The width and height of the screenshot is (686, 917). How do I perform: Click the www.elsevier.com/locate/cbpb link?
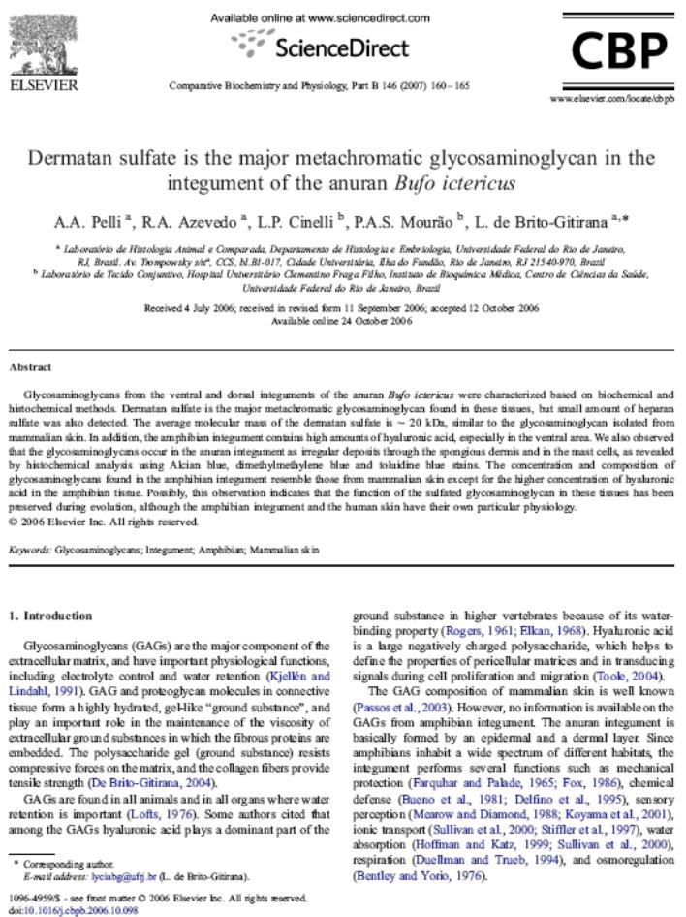click(x=611, y=99)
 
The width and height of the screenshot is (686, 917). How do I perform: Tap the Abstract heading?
click(x=30, y=367)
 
